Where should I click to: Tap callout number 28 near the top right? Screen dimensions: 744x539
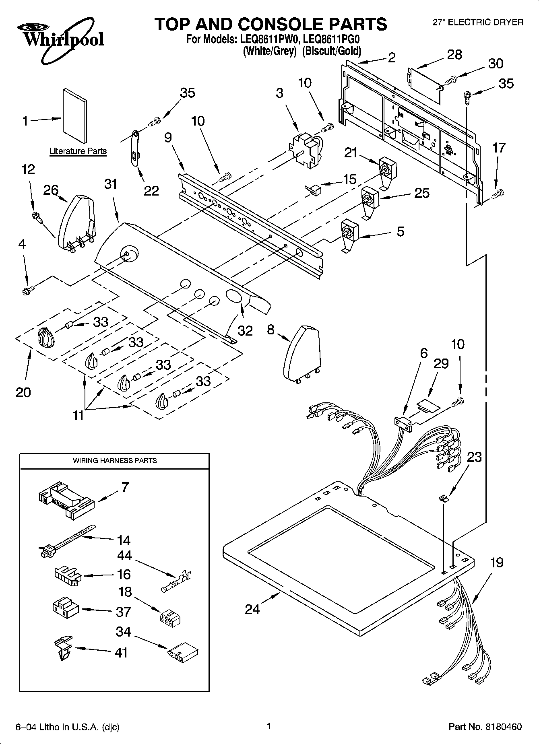[x=454, y=55]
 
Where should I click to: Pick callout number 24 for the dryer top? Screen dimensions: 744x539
[x=252, y=609]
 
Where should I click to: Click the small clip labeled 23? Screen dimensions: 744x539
[x=444, y=498]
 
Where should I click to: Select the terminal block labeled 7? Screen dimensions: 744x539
[x=66, y=499]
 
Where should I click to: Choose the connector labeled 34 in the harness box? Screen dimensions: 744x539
[x=182, y=651]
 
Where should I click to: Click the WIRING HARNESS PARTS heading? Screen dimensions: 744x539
[x=114, y=460]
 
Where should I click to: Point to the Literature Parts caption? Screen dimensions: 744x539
[x=78, y=151]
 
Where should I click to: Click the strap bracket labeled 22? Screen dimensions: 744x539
[x=134, y=148]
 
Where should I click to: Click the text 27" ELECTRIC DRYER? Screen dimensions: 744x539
[x=478, y=22]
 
